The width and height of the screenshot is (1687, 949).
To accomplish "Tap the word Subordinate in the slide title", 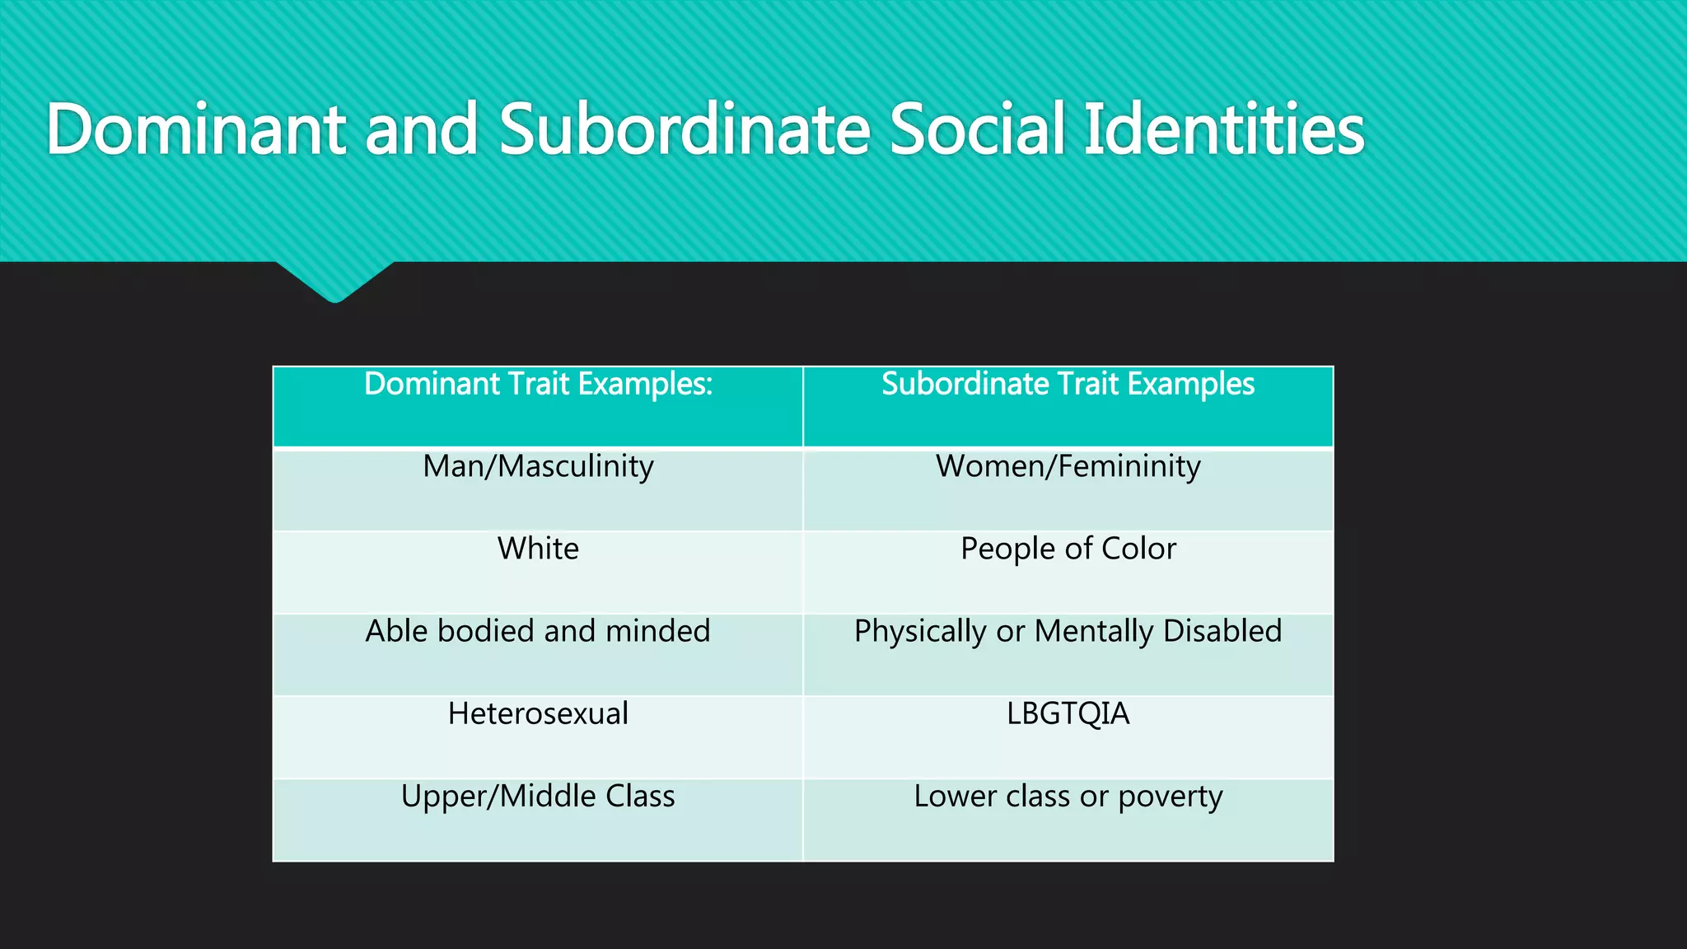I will pos(685,129).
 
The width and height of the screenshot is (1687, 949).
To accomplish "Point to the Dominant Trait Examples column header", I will pos(538,385).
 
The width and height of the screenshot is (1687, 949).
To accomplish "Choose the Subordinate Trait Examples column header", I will pos(1068,385).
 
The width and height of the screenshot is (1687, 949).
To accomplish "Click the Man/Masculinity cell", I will pos(538,467).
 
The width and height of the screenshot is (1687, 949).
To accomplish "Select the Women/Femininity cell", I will pos(1068,467).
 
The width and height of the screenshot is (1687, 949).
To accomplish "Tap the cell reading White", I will pos(538,549).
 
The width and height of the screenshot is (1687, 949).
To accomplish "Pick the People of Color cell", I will pos(1068,549).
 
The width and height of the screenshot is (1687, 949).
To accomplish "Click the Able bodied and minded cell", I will pos(538,632).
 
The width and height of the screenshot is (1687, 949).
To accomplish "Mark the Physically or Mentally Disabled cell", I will pos(1068,632).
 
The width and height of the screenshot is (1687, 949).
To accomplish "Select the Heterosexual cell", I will pos(538,714).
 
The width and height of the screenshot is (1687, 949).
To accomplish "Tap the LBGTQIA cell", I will pos(1068,714).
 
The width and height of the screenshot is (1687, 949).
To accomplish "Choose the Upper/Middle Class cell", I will pos(538,797).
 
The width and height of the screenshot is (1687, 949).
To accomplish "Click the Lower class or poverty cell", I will pos(1068,797).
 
